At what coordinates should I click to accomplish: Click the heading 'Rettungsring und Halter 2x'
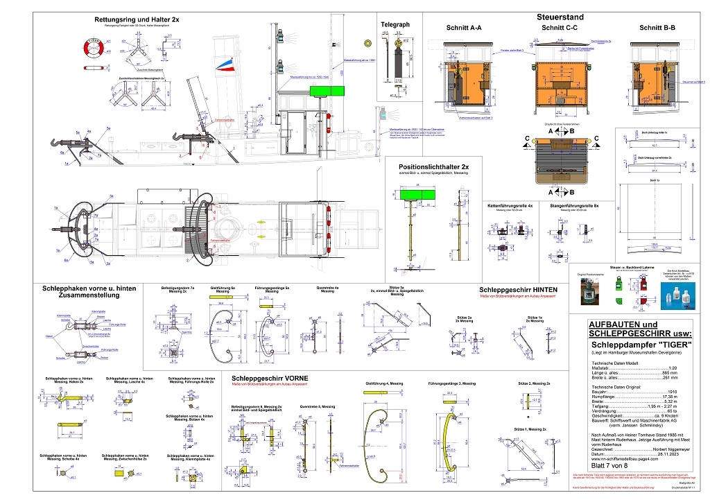[x=137, y=19]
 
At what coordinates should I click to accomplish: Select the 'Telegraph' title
[x=395, y=24]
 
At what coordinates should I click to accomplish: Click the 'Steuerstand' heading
[x=560, y=17]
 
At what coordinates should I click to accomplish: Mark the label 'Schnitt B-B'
[x=658, y=28]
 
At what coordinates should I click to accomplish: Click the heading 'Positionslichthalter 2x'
[x=433, y=167]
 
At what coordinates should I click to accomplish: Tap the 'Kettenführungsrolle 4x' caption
[x=510, y=206]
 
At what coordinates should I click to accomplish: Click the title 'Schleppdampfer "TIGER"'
[x=634, y=345]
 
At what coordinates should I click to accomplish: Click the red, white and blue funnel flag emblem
[x=223, y=65]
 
